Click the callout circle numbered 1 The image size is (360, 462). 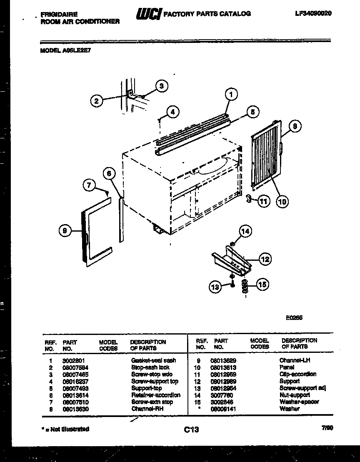click(x=231, y=94)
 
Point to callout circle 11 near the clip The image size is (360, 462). click(x=263, y=201)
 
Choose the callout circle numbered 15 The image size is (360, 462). click(x=262, y=284)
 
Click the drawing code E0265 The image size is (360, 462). click(x=294, y=317)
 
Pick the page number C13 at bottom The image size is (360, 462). click(x=191, y=430)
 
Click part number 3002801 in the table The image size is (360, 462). click(x=72, y=360)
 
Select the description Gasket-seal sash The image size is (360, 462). click(x=153, y=360)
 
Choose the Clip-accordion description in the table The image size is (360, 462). click(x=298, y=374)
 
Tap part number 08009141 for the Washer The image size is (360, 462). click(x=221, y=409)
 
